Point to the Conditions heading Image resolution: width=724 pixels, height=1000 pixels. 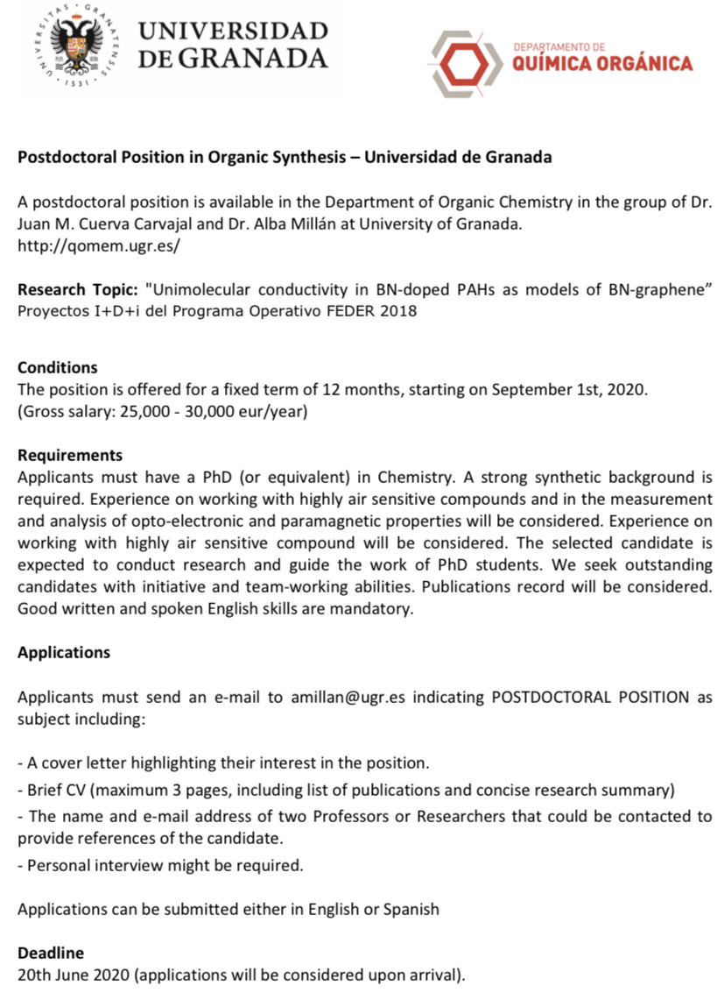click(58, 367)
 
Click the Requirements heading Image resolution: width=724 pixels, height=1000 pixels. click(70, 456)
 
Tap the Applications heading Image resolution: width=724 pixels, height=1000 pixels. click(64, 652)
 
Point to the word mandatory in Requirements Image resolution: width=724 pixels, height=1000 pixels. click(370, 609)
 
